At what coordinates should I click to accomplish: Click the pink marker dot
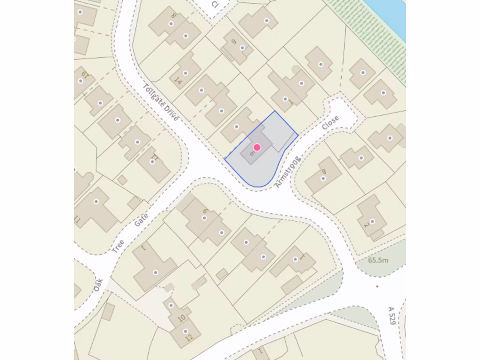pos(257,147)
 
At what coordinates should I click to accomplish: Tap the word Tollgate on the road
pos(154,97)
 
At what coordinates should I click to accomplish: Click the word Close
pos(330,122)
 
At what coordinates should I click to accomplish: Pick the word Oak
pos(98,284)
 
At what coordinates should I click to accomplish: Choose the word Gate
pos(141,219)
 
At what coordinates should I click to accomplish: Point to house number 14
pos(178,80)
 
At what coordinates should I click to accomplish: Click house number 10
pos(182,318)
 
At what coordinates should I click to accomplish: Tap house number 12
pos(188,337)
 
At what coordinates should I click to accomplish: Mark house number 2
pos(367,225)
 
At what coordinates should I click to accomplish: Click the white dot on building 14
pos(186,73)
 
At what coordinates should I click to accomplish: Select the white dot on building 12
pos(185,331)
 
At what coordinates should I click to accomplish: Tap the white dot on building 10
pos(171,306)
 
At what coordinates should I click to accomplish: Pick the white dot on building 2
pos(373,221)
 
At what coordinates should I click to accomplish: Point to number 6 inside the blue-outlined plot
pos(252,153)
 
